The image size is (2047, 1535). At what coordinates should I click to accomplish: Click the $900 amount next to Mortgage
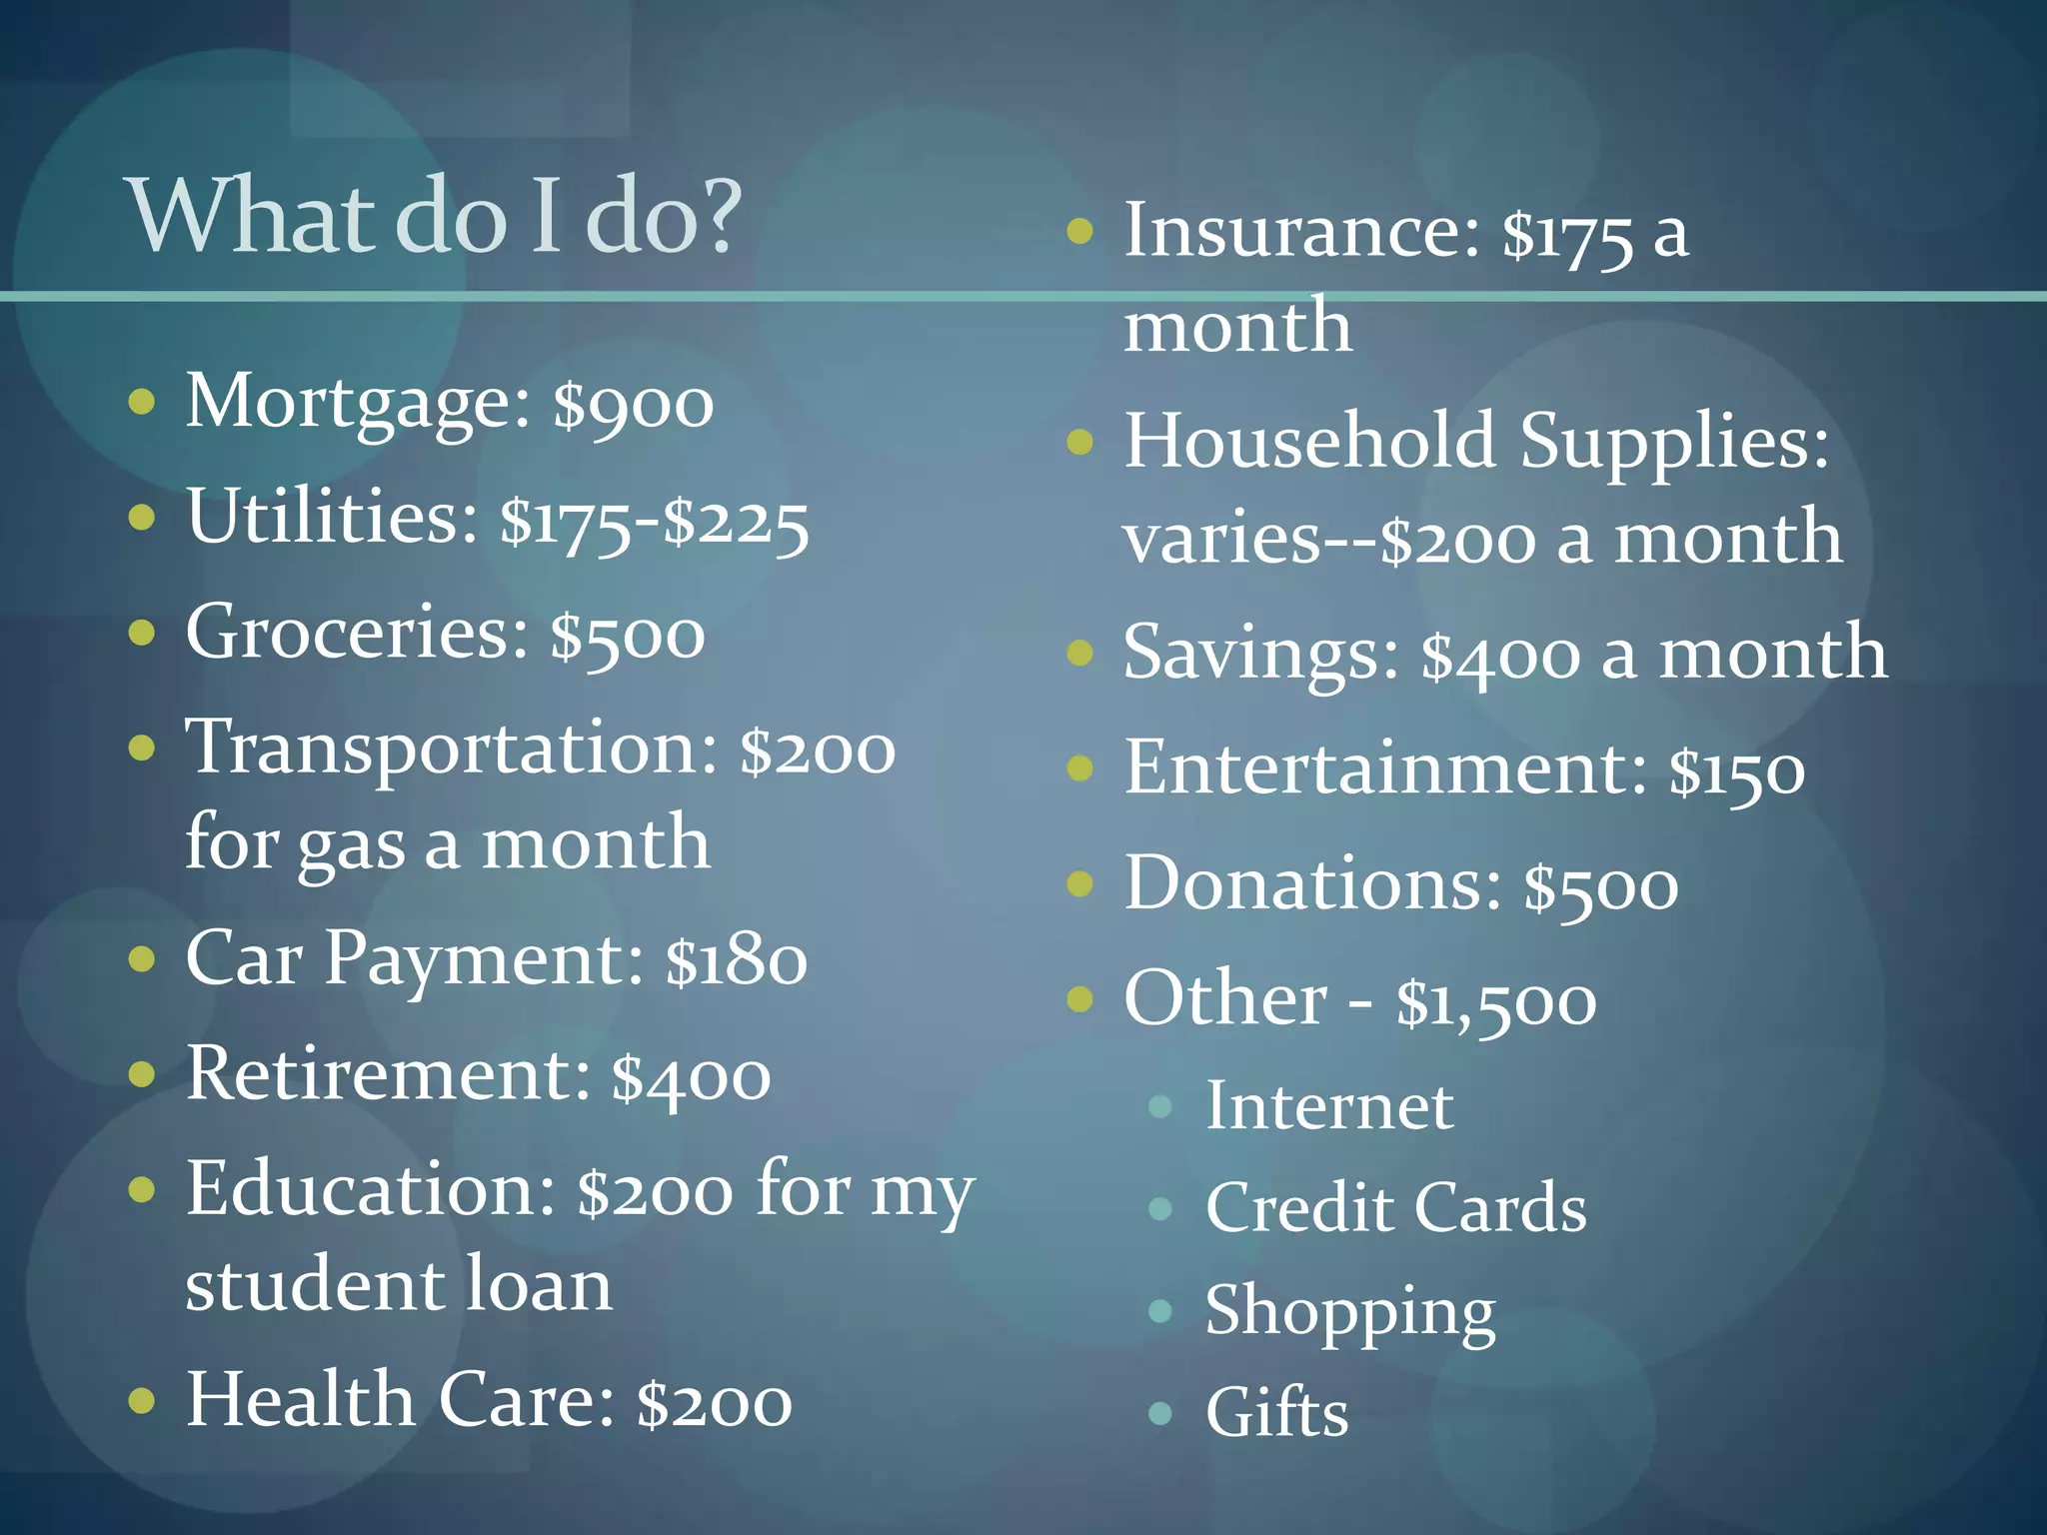(x=634, y=404)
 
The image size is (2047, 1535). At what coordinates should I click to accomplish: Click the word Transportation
(x=451, y=748)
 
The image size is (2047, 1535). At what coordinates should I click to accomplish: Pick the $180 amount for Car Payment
(x=737, y=960)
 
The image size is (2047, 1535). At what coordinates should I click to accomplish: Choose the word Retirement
(x=388, y=1074)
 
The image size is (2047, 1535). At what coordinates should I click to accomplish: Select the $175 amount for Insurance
(x=1567, y=234)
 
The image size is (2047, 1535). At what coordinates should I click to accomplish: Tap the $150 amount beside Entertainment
(x=1737, y=770)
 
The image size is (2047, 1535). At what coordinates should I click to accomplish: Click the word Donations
(x=1312, y=884)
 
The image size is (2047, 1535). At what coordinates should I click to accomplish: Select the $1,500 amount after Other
(x=1496, y=1001)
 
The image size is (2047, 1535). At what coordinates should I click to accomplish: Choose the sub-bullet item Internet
(x=1329, y=1106)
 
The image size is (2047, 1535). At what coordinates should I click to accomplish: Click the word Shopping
(x=1350, y=1311)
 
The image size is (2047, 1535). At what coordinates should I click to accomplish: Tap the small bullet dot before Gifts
(x=1159, y=1412)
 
